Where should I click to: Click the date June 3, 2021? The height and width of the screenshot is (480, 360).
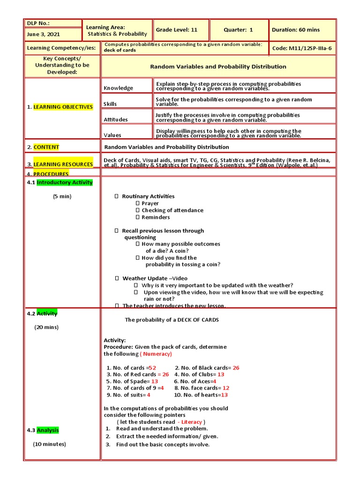44,34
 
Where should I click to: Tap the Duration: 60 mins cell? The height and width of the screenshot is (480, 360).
296,30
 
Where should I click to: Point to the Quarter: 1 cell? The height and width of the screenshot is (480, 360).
238,30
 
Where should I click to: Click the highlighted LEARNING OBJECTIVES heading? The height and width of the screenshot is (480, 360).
63,107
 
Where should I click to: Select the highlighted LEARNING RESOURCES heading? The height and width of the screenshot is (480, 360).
63,164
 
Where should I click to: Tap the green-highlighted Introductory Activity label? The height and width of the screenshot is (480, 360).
65,182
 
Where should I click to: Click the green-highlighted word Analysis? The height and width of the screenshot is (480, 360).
48,430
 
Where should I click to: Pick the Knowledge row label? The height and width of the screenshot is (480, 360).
119,88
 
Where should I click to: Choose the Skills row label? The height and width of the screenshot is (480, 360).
111,104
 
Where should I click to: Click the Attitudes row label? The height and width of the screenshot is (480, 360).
116,120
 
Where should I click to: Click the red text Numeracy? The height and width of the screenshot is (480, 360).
157,354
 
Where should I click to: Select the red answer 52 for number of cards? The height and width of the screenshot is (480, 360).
152,368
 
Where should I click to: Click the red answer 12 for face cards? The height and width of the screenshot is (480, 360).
226,388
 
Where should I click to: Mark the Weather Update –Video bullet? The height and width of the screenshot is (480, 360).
155,278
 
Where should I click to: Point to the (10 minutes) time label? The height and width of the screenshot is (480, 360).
49,444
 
